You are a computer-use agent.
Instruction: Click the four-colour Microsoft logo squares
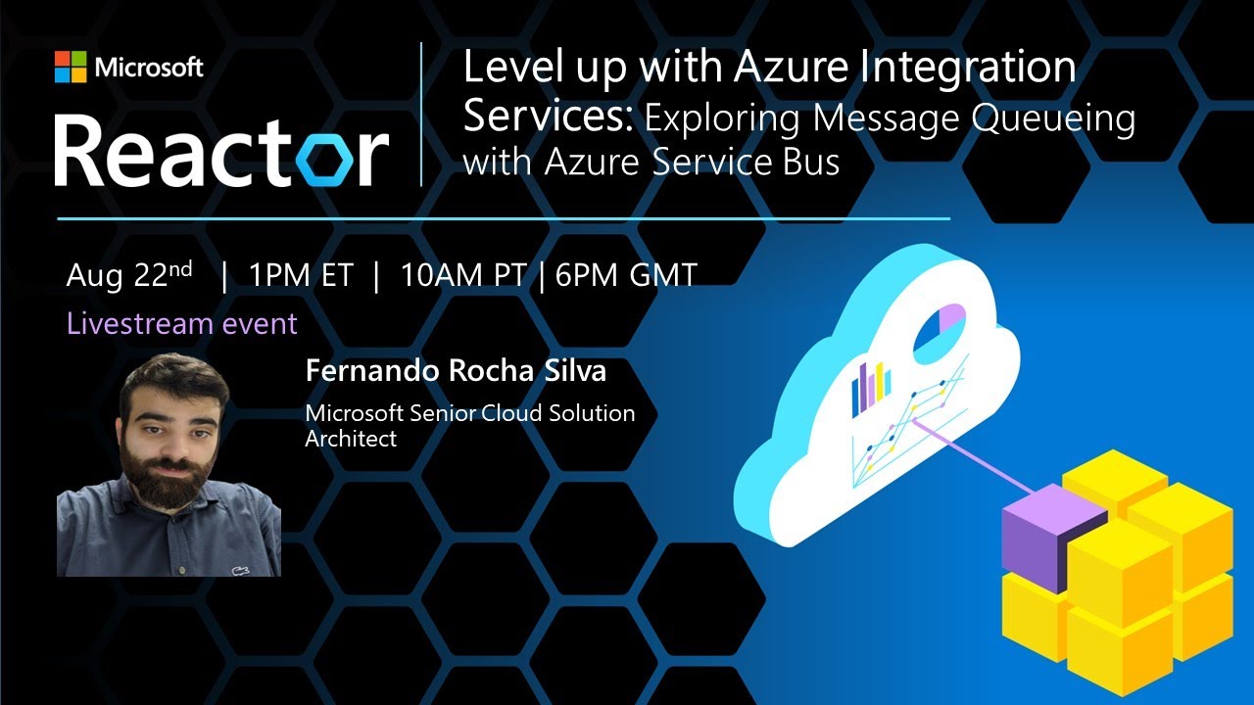click(71, 68)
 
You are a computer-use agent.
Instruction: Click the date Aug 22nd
click(129, 275)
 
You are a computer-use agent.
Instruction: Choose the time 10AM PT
click(463, 276)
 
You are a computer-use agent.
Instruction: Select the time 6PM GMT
click(626, 276)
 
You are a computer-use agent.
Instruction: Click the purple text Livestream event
click(181, 323)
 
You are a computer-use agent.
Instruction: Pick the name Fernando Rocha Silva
click(456, 372)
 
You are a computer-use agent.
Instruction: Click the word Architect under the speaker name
click(351, 439)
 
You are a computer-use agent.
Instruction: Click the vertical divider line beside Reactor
click(421, 114)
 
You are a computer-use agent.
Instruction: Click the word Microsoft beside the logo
click(149, 68)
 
